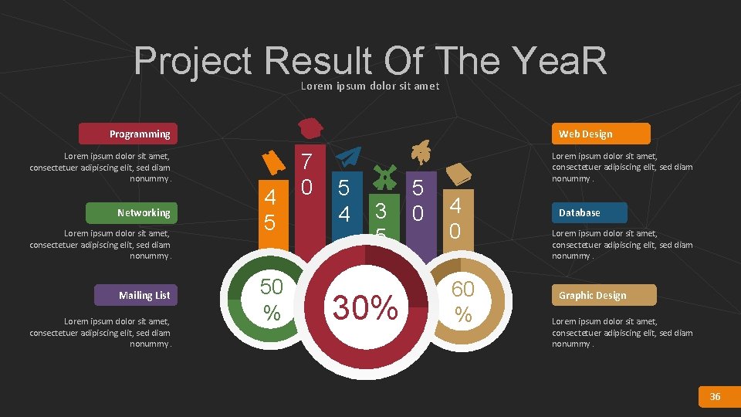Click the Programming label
[128, 134]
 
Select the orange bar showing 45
[269, 212]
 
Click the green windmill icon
[383, 176]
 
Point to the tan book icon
[458, 174]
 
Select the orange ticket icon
[271, 162]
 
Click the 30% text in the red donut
[365, 307]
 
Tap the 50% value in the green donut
[271, 299]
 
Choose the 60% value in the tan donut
[462, 301]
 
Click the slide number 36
[715, 396]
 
